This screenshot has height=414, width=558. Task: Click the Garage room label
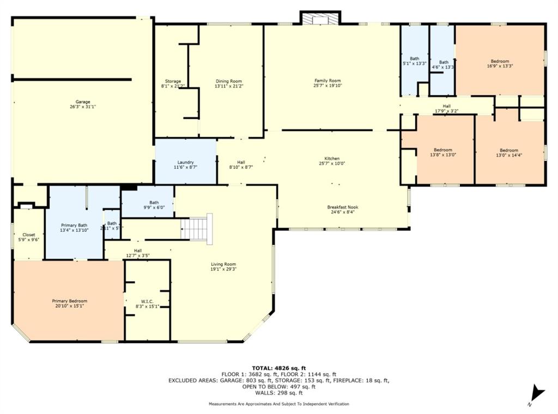[83, 105]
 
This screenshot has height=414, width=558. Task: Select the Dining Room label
[228, 83]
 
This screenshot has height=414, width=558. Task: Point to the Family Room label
[327, 83]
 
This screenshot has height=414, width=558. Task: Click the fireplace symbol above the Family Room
[320, 19]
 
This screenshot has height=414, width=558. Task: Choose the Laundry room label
[185, 165]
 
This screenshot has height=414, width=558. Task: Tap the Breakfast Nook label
[343, 210]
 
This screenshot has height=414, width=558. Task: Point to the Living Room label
[224, 266]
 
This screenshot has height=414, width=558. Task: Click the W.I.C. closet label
[147, 303]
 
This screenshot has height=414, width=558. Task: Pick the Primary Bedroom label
[69, 303]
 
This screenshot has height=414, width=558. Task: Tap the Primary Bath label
[74, 228]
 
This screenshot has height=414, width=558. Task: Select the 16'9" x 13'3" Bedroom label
[500, 63]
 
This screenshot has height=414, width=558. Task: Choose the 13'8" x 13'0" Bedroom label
[442, 153]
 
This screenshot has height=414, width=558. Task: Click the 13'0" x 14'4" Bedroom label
[509, 153]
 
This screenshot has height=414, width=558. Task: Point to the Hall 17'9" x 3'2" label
[446, 108]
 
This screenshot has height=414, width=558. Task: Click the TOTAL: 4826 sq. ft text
[278, 368]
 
